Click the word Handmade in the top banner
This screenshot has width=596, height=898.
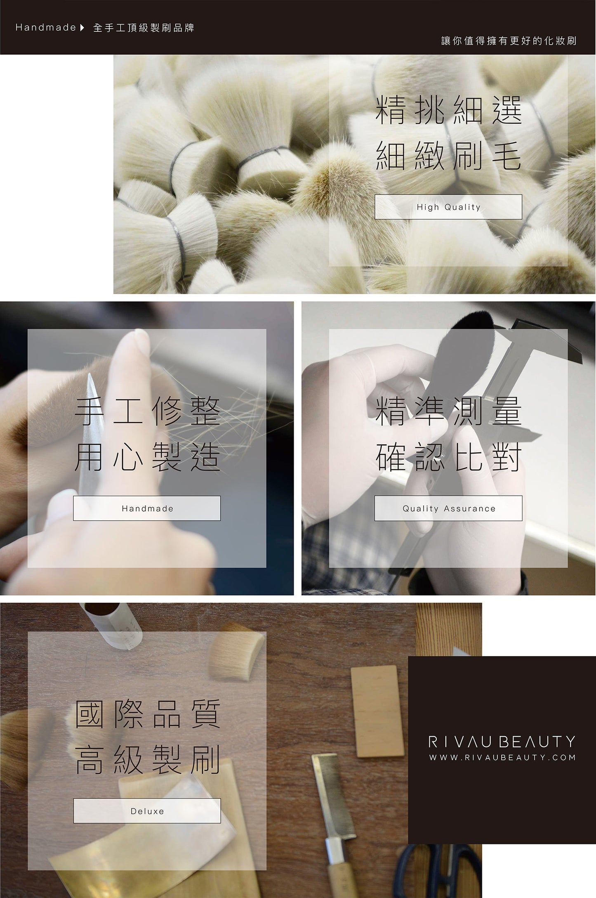pos(46,28)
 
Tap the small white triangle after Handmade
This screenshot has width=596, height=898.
pos(82,28)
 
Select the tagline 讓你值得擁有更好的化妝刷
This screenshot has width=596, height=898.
pos(509,41)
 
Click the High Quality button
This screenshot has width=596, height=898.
pos(448,207)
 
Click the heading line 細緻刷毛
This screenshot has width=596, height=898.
pos(449,156)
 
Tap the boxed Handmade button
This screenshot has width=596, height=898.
pos(147,508)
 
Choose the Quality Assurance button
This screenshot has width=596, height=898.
pos(448,508)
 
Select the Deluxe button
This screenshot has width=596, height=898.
pos(147,811)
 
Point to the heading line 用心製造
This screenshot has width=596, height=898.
pos(147,458)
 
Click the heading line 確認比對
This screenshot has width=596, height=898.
pos(449,458)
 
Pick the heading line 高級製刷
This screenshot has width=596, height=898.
pos(147,760)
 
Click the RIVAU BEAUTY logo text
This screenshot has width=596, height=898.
pos(502,742)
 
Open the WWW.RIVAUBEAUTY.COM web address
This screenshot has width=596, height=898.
pos(502,758)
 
